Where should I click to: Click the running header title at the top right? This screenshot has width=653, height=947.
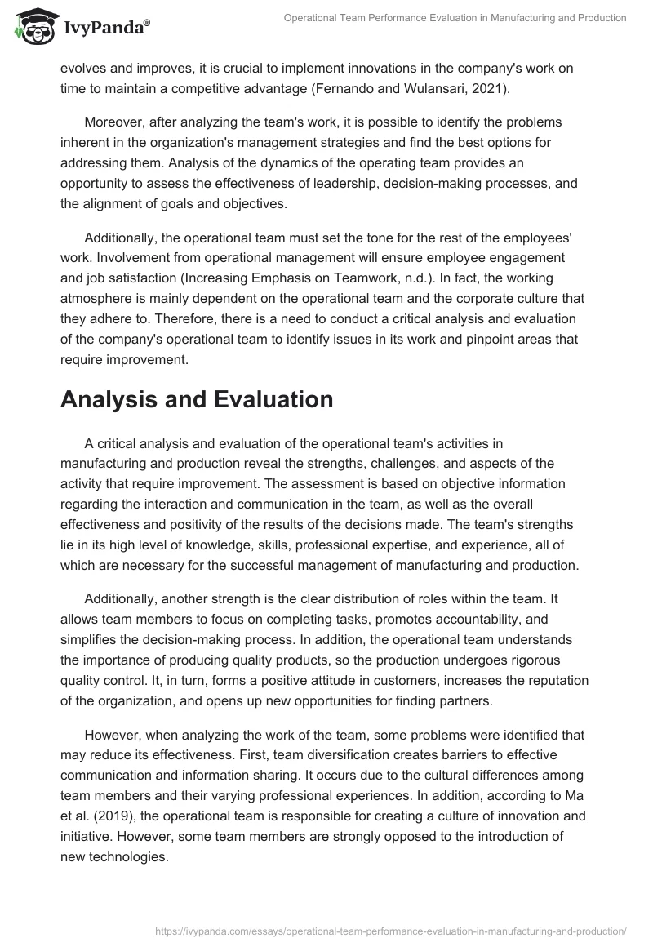[455, 19]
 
